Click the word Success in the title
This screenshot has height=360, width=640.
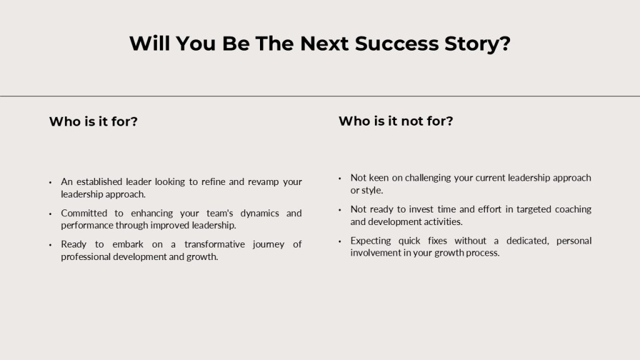point(396,43)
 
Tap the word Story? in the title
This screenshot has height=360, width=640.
point(477,44)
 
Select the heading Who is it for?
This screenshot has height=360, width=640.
point(94,121)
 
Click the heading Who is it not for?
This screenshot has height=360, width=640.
point(396,121)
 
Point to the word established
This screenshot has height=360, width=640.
point(99,182)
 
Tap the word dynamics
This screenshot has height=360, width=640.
point(259,214)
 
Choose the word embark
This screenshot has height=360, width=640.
point(127,244)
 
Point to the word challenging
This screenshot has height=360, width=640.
point(427,178)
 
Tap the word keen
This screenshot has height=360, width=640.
point(378,177)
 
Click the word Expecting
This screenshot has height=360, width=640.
point(371,241)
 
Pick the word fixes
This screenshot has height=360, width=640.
point(437,241)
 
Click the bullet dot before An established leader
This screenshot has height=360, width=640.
point(50,182)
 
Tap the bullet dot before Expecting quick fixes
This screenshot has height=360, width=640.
point(339,242)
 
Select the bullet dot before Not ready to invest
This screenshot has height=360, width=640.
point(339,210)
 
